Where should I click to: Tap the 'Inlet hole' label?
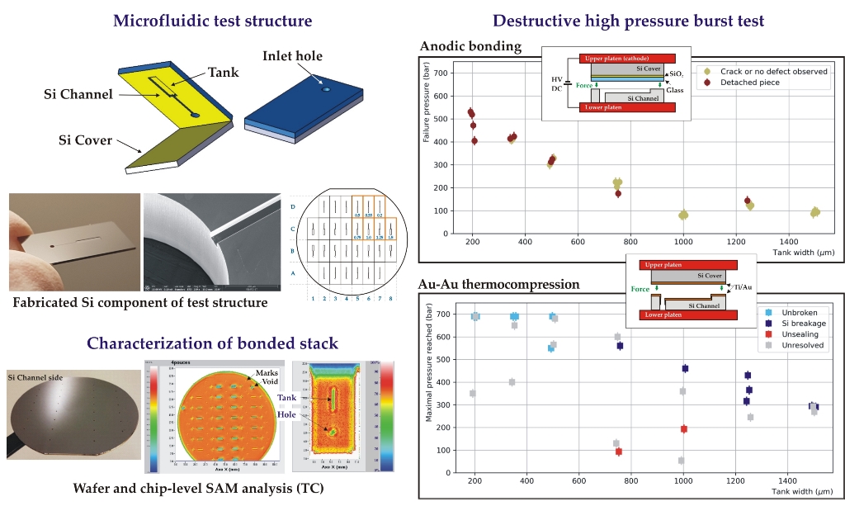point(293,56)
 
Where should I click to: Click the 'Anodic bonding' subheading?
point(470,46)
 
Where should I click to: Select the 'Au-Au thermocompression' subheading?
point(499,284)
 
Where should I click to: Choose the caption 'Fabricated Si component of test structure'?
point(140,302)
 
